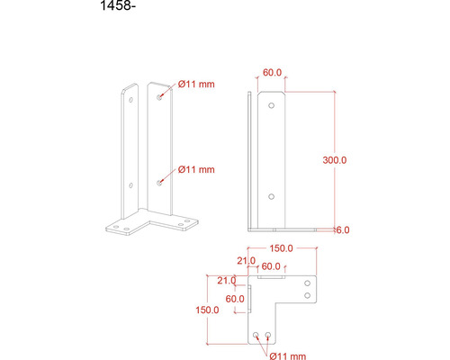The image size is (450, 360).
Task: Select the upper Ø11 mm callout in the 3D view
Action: (196, 84)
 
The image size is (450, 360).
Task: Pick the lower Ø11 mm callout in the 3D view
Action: (196, 168)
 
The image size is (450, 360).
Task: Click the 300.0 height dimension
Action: (335, 159)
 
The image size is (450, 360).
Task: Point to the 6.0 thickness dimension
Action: (343, 230)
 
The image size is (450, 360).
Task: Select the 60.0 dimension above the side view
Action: (272, 73)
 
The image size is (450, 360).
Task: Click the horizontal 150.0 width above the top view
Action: (283, 248)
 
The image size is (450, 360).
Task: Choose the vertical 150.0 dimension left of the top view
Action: (207, 310)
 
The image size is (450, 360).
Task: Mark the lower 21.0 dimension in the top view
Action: (227, 280)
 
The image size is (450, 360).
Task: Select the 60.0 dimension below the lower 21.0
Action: (235, 298)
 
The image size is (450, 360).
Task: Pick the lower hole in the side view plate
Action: (273, 194)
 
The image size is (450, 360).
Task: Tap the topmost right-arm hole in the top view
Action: (309, 283)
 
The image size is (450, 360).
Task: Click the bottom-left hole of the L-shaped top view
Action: (257, 335)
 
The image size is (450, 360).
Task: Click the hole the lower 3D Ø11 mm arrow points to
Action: (159, 182)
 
